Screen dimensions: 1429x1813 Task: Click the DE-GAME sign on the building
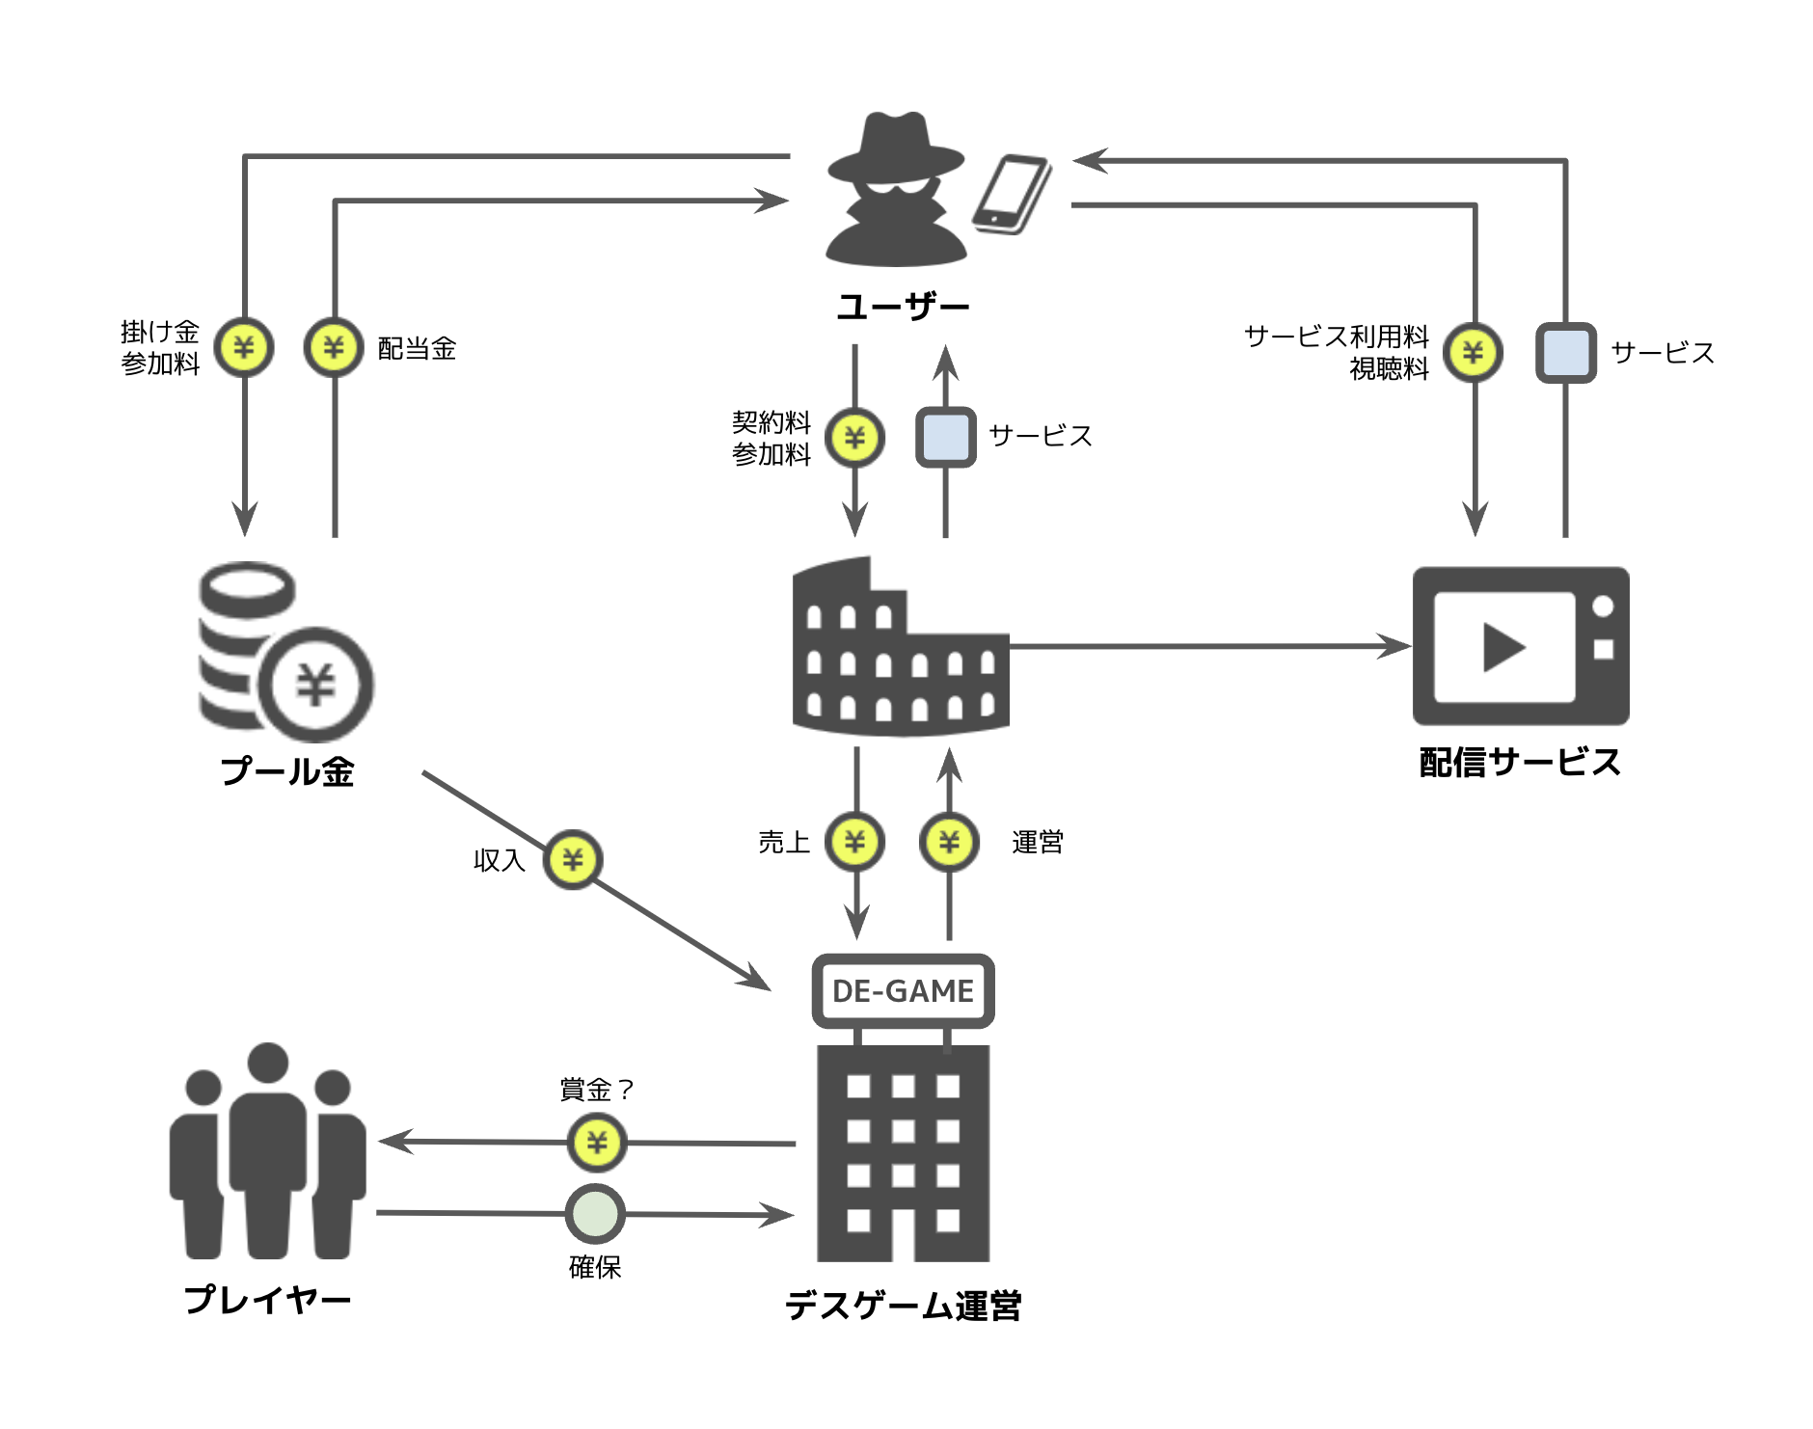coord(903,991)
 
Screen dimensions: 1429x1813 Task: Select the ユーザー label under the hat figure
coord(903,307)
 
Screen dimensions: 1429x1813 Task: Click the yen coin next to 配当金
coord(334,347)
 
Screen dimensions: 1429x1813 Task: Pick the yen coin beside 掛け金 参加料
coord(244,347)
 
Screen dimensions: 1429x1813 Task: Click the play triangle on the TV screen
coord(1502,647)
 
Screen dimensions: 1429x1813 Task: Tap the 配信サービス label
coord(1520,763)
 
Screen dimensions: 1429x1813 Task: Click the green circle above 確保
coord(595,1214)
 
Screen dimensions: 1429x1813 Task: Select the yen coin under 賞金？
coord(597,1143)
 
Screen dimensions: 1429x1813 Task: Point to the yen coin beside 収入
coord(573,859)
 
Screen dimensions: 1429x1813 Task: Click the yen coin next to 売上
coord(855,843)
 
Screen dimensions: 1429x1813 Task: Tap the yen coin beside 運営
coord(950,843)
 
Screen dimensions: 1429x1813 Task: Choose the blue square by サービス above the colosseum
coord(945,438)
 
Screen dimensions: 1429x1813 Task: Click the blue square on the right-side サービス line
coord(1565,353)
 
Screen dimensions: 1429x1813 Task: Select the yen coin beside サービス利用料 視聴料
coord(1474,353)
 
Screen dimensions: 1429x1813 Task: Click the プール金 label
coord(287,771)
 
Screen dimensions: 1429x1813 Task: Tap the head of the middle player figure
coord(268,1064)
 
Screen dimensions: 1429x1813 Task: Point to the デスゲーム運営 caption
coord(903,1307)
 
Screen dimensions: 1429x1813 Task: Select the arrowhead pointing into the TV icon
coord(1395,646)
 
